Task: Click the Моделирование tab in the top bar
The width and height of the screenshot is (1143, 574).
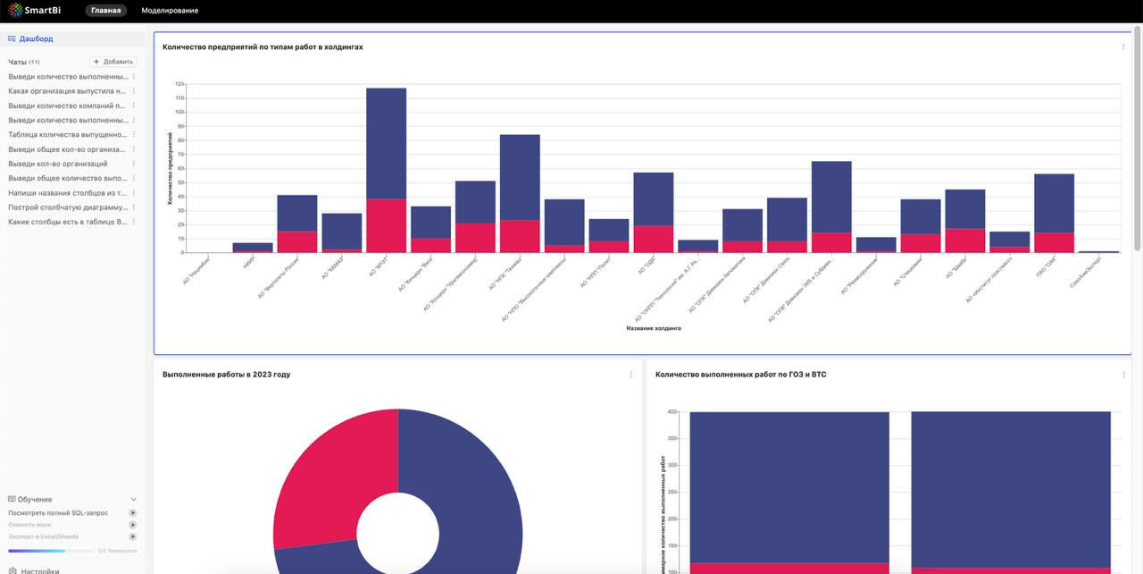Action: point(170,11)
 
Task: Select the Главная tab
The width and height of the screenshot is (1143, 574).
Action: point(105,11)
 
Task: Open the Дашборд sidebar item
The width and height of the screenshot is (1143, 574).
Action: point(37,39)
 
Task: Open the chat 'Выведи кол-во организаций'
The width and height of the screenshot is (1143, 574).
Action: point(58,164)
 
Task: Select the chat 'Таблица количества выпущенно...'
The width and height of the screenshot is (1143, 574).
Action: point(68,134)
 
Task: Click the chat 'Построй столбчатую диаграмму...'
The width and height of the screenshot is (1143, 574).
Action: point(68,207)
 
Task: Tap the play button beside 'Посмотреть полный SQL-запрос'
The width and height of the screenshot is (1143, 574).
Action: point(133,513)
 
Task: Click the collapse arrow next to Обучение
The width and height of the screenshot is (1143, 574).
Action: point(134,500)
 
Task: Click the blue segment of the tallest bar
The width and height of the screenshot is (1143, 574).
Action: point(386,143)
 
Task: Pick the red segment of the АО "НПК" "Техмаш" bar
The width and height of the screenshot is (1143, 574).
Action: point(520,236)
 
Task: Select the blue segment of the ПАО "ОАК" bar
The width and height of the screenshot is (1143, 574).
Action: point(1054,203)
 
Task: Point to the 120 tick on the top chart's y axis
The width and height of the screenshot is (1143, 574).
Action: point(179,84)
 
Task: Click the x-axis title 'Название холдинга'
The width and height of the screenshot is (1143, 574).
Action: point(654,328)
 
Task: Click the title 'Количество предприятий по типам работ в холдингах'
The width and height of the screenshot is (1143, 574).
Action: point(263,46)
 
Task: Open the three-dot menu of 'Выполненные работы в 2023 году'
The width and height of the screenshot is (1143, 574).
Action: point(630,375)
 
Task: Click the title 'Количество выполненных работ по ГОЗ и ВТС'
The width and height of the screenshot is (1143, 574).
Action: point(740,375)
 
